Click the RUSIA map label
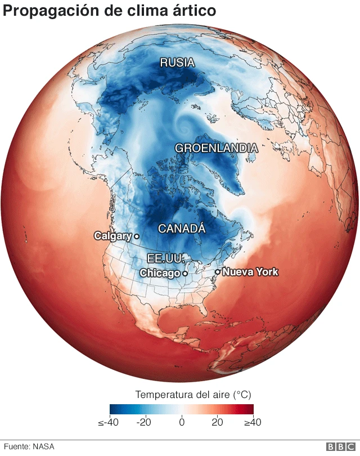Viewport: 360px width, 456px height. (177, 62)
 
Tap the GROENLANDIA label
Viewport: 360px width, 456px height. (217, 148)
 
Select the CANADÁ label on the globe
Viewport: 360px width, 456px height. (182, 229)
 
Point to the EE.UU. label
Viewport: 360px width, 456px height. (166, 258)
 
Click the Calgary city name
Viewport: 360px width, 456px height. (112, 236)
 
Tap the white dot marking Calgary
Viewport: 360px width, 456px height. (137, 236)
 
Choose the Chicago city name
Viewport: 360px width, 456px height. (160, 273)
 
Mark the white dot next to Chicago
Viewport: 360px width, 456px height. (185, 273)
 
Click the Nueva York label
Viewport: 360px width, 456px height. (250, 272)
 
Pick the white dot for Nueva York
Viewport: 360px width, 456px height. (217, 272)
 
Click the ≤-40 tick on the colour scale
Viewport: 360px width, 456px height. (108, 422)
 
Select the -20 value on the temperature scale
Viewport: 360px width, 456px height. (145, 422)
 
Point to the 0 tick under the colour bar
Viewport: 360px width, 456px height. (182, 422)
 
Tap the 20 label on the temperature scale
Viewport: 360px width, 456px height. (217, 422)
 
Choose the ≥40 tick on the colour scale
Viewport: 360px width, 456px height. (251, 422)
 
